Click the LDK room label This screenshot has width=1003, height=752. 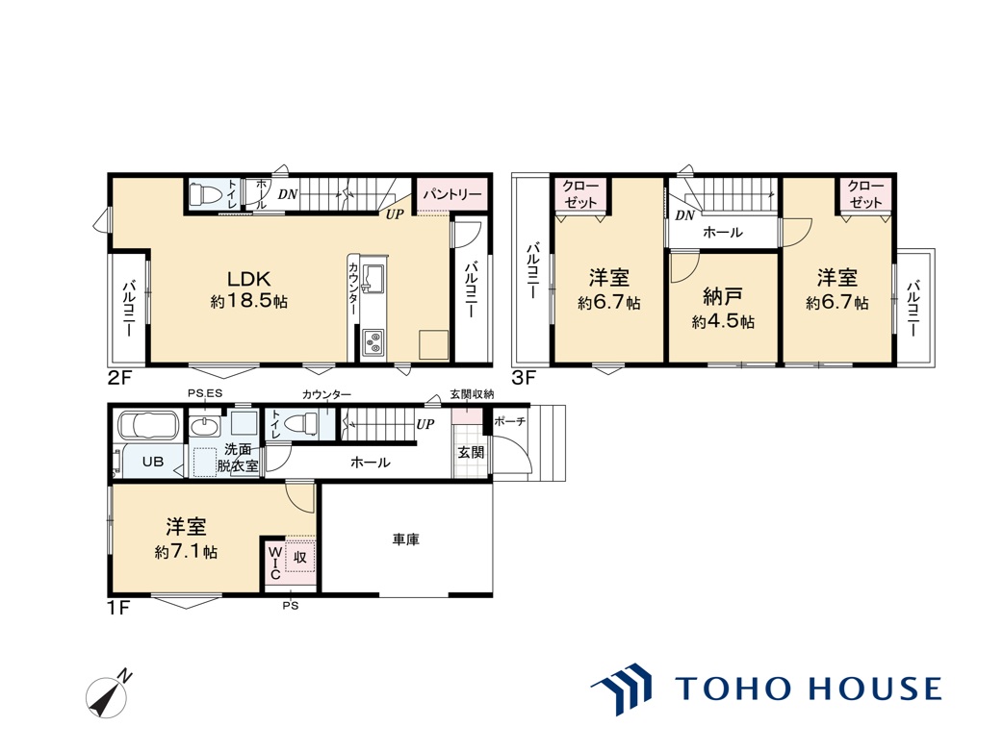[249, 279]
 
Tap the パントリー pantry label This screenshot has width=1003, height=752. [452, 193]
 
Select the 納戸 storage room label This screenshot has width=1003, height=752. [723, 297]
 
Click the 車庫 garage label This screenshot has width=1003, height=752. [406, 539]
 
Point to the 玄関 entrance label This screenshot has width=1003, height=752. [472, 452]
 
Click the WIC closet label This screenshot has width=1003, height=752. [274, 563]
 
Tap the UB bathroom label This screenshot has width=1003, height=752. [153, 462]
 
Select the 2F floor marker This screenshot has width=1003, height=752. [119, 378]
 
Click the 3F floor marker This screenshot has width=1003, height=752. [524, 378]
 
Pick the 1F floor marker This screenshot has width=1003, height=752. [119, 607]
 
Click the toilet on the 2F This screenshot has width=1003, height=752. [206, 193]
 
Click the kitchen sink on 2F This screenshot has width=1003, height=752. [373, 277]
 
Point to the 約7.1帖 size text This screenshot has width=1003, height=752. [186, 552]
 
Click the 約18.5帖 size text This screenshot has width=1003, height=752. [249, 302]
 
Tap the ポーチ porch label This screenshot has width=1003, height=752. [510, 422]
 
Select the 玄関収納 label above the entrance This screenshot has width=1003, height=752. [472, 394]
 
